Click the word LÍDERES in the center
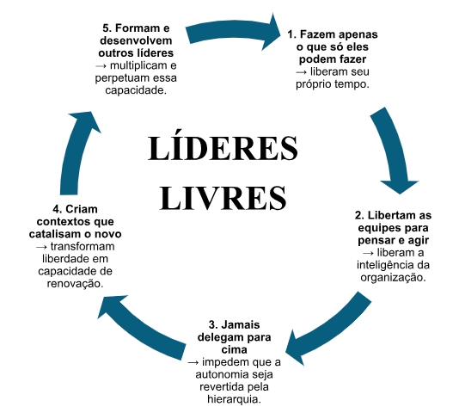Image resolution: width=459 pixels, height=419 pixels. (223, 148)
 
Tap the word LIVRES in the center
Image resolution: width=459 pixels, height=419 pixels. (223, 198)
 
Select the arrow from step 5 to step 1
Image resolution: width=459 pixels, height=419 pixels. (234, 31)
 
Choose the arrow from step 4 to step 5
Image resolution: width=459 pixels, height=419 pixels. (76, 152)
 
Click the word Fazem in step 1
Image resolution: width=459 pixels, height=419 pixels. (314, 34)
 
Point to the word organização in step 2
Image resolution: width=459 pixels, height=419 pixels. (393, 278)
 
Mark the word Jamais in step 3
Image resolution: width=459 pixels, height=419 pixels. (239, 325)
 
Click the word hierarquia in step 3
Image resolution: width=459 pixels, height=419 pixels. (234, 399)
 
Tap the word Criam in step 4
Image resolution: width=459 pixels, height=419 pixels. (82, 209)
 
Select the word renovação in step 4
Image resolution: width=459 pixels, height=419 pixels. (76, 284)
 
